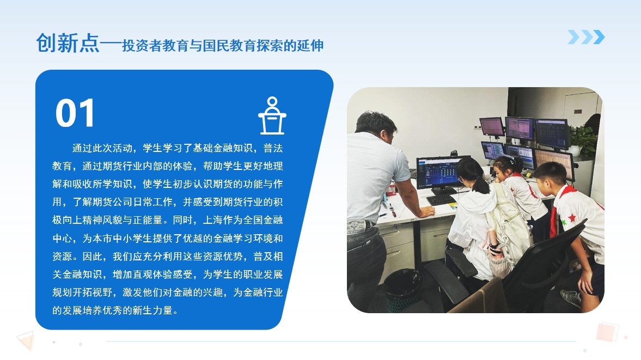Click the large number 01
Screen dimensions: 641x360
pyautogui.click(x=75, y=113)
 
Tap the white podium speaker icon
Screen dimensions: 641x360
pyautogui.click(x=272, y=115)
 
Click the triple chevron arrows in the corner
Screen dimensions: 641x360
pyautogui.click(x=586, y=37)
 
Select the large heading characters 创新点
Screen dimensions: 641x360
pyautogui.click(x=68, y=43)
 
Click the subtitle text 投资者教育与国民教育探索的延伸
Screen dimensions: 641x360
pyautogui.click(x=223, y=45)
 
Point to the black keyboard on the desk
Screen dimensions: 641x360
pyautogui.click(x=442, y=200)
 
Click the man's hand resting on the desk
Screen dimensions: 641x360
pyautogui.click(x=426, y=211)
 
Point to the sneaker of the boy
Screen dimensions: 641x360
pyautogui.click(x=571, y=297)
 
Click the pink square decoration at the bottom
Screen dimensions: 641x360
pyautogui.click(x=607, y=332)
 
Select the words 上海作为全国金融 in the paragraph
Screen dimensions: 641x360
pyautogui.click(x=243, y=220)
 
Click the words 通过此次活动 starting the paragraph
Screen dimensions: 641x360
pyautogui.click(x=102, y=148)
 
